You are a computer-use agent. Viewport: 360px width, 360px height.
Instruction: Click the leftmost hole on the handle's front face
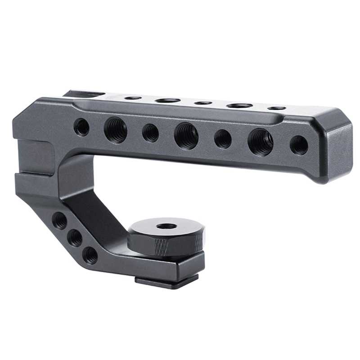point(81,127)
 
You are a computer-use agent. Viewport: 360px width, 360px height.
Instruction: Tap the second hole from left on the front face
point(115,130)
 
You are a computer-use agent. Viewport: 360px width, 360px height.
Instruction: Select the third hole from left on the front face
point(150,133)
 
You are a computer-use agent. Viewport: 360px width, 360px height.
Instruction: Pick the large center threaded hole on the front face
point(186,135)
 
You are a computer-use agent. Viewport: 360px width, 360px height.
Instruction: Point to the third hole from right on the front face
point(223,139)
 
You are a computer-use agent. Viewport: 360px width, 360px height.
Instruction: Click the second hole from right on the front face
point(260,142)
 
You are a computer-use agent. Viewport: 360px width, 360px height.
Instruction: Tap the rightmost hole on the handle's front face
point(299,145)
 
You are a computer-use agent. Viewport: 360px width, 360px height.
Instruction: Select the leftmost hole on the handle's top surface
point(133,98)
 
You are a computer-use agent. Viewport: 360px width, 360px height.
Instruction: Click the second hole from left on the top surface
point(168,100)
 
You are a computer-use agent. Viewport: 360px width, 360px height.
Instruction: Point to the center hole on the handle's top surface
point(203,103)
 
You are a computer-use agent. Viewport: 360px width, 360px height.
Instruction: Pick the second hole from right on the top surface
point(239,105)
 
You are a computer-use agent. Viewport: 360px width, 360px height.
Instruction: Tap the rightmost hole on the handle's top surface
point(276,108)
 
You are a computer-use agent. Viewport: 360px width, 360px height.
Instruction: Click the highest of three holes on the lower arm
point(59,220)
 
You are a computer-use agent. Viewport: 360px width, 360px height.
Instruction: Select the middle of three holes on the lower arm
point(75,237)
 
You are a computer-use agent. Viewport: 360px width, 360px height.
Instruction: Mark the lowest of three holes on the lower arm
point(90,255)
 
